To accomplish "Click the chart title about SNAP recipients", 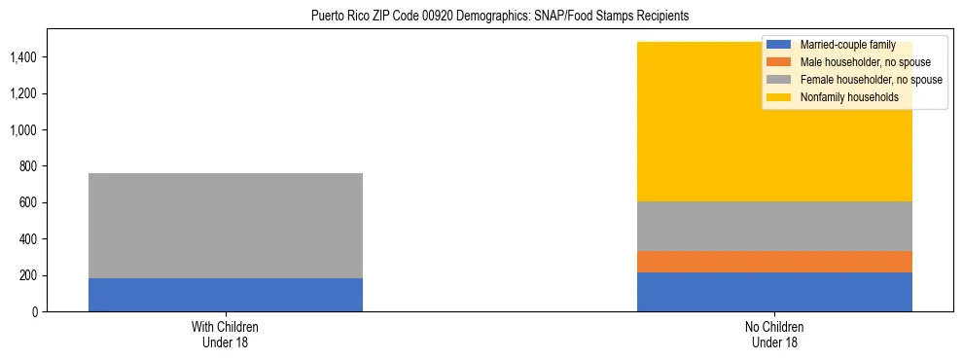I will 499,16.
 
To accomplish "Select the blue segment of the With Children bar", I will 226,295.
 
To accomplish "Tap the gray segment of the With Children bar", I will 226,226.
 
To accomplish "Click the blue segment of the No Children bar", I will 774,292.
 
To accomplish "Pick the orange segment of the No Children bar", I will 774,262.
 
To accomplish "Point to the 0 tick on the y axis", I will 33,312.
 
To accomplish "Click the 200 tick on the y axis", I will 27,275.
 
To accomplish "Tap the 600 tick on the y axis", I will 27,203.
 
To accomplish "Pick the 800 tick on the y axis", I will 27,166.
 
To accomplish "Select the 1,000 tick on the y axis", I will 23,130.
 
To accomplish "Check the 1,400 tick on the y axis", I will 23,57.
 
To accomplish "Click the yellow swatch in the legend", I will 779,97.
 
